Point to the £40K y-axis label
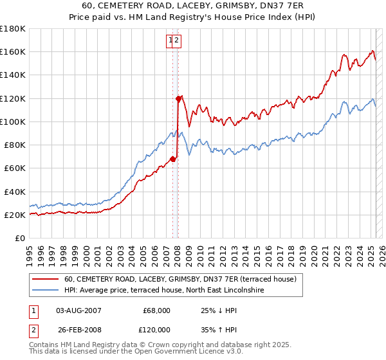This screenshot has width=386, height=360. pos(15,192)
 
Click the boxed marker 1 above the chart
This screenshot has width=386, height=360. pos(171,40)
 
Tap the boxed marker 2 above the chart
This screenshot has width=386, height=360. pos(177,40)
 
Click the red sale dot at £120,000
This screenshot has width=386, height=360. pos(178,98)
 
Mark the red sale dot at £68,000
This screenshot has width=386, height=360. pos(172,159)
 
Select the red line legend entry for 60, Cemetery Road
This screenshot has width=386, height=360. pos(180,279)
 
